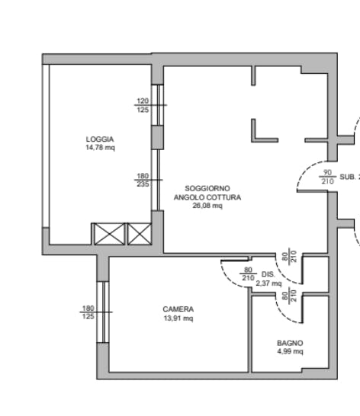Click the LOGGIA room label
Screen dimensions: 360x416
[100, 139]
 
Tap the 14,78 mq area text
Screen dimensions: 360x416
[101, 148]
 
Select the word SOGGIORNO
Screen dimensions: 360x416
[207, 189]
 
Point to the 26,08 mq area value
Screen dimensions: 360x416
[207, 206]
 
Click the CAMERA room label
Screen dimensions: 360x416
[178, 309]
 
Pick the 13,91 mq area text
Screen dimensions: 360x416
[178, 318]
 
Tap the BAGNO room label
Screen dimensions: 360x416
[290, 343]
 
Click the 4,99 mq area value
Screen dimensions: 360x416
[290, 351]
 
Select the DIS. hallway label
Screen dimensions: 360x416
[268, 274]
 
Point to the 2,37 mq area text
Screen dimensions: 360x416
[268, 283]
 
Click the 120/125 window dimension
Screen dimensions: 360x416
[143, 105]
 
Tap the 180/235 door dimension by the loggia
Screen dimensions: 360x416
[143, 180]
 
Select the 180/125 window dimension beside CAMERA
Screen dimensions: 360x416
[88, 312]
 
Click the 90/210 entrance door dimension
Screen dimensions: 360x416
[328, 177]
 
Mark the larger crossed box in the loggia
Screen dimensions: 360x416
[109, 234]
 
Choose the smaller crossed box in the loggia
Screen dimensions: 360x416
[140, 234]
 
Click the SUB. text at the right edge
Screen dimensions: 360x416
[348, 177]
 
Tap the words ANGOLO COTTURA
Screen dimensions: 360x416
[207, 197]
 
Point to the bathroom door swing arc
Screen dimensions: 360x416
[284, 314]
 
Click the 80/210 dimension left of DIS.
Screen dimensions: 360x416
[248, 274]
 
